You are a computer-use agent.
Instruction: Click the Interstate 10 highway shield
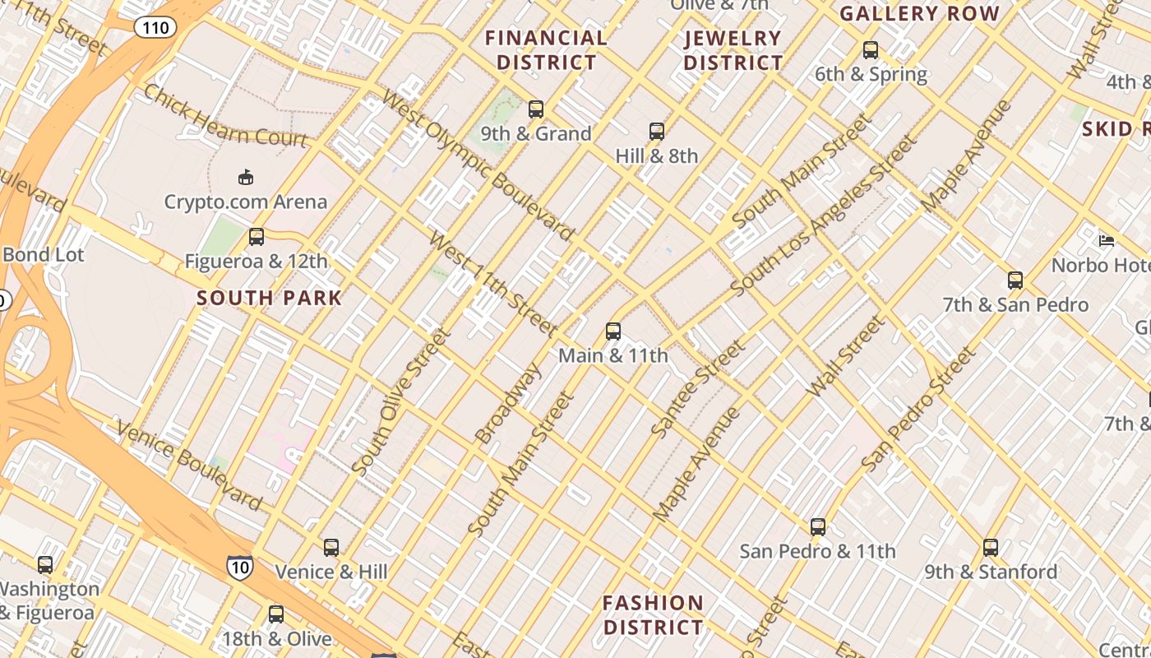point(240,566)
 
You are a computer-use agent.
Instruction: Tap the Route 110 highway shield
point(155,28)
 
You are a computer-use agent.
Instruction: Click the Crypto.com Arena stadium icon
point(245,177)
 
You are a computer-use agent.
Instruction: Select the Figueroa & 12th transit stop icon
point(257,237)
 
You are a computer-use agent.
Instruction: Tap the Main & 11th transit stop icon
point(613,331)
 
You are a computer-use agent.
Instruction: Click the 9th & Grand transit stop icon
point(536,109)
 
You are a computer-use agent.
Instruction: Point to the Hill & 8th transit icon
point(656,131)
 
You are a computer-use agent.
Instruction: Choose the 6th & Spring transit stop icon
point(871,50)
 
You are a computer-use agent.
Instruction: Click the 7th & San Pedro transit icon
point(1015,280)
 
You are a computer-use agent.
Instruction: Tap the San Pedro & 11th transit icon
point(817,527)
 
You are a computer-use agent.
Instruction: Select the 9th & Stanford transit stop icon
point(991,548)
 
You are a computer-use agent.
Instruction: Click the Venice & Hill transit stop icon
point(331,548)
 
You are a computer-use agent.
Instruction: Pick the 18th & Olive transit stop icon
point(276,614)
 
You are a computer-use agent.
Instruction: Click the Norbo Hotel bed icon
point(1107,241)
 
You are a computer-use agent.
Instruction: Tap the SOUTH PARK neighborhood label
point(269,298)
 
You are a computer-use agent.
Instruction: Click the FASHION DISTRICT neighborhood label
point(654,615)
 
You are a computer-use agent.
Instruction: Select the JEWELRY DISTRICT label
point(733,50)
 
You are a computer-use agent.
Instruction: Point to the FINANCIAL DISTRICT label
point(547,50)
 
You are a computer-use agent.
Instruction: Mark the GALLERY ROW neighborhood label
point(919,14)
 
